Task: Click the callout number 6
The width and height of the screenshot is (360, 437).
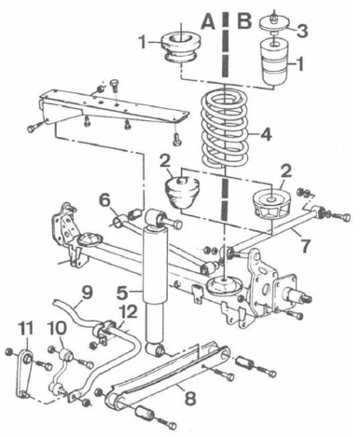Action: (105, 199)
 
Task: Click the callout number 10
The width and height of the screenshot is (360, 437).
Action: (54, 329)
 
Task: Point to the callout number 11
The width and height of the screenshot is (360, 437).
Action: (24, 328)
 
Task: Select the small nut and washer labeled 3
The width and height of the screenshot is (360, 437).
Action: (277, 22)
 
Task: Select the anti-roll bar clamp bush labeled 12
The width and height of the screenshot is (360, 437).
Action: (114, 329)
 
